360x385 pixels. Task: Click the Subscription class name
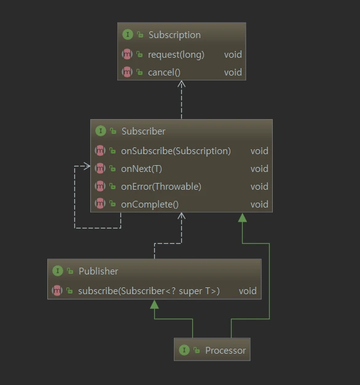(x=174, y=35)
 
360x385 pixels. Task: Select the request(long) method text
(x=176, y=55)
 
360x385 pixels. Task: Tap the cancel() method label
(x=164, y=72)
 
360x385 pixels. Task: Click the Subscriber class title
(x=143, y=131)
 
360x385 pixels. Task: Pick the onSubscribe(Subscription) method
(x=176, y=151)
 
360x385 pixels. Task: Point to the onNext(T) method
(x=141, y=169)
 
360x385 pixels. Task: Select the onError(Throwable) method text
(x=161, y=187)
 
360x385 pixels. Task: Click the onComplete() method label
(x=150, y=204)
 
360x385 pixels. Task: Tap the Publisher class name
(x=98, y=271)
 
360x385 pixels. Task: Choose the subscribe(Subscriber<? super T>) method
(x=149, y=291)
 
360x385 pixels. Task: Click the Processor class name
(x=225, y=351)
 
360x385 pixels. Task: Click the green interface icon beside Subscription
(x=128, y=34)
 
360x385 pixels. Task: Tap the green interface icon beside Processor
(x=184, y=350)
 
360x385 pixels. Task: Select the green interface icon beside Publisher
(x=58, y=271)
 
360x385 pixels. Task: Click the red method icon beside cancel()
(x=127, y=72)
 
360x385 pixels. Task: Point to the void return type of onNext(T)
(x=259, y=169)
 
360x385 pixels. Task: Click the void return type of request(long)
(x=233, y=55)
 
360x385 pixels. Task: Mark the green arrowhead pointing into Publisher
(x=154, y=305)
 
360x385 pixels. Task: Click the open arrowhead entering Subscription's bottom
(x=181, y=84)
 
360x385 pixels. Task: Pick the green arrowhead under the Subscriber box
(x=243, y=217)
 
